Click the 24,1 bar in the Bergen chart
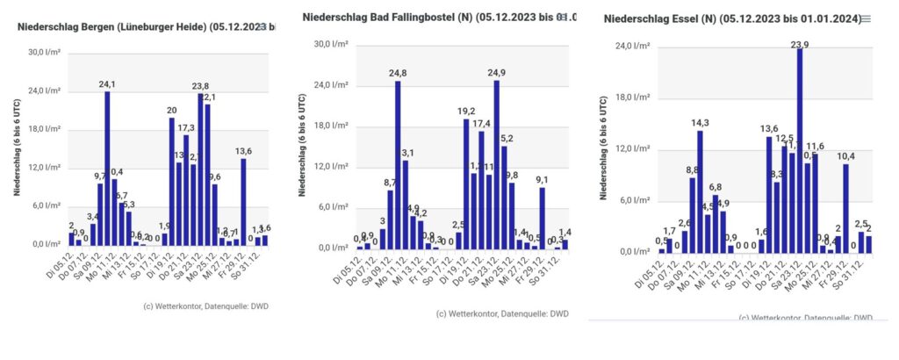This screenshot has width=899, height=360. (107, 168)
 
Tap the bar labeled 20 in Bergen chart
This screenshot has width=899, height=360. (171, 181)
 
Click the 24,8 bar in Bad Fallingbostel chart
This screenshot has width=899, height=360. (398, 165)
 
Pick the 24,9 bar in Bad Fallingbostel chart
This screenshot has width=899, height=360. (497, 165)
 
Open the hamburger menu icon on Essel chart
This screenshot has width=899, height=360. (867, 18)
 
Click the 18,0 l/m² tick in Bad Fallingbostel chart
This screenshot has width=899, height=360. (334, 126)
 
